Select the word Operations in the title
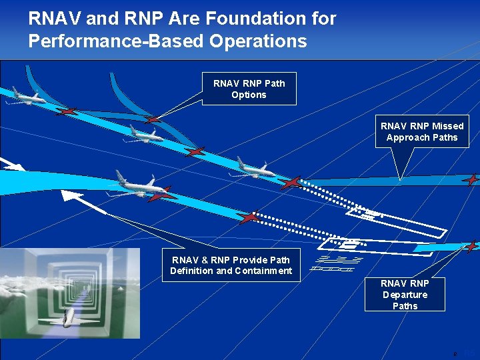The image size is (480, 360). point(258,41)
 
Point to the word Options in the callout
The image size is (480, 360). point(249,95)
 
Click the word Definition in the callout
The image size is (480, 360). point(191,271)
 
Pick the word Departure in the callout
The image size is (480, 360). point(405,295)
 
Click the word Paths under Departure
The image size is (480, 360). point(405,306)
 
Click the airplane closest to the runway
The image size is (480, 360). point(253,168)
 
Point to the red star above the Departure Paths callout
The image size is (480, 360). point(471,246)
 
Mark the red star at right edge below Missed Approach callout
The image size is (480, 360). point(471,179)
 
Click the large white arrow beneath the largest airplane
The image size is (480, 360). point(83,201)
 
